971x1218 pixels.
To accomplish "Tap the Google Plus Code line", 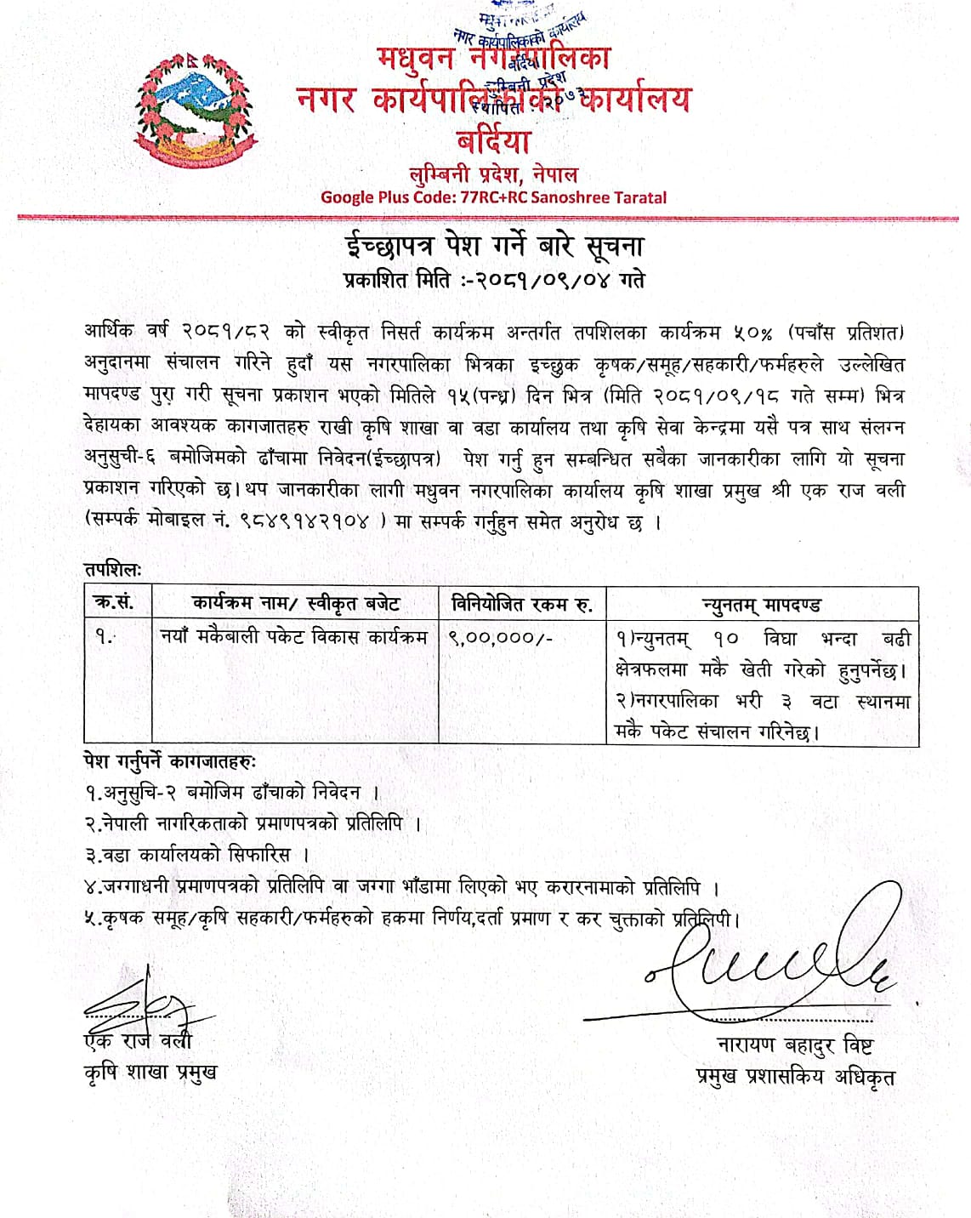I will (493, 197).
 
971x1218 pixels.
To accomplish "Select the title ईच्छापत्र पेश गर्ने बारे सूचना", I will (494, 246).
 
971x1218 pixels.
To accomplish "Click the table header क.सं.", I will (114, 604).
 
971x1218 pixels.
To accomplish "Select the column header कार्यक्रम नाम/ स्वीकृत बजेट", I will (295, 604).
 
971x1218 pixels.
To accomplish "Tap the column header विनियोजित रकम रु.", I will (521, 604).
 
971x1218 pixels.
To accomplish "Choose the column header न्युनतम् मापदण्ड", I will (762, 605).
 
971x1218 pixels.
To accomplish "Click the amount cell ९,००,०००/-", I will (501, 637).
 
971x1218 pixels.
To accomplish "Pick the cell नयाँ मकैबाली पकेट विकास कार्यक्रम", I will (294, 636).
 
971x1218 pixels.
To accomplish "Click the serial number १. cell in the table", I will (104, 636).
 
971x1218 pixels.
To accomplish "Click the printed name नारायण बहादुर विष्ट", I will (794, 1045).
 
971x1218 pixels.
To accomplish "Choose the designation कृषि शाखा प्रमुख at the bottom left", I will (150, 1072).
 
